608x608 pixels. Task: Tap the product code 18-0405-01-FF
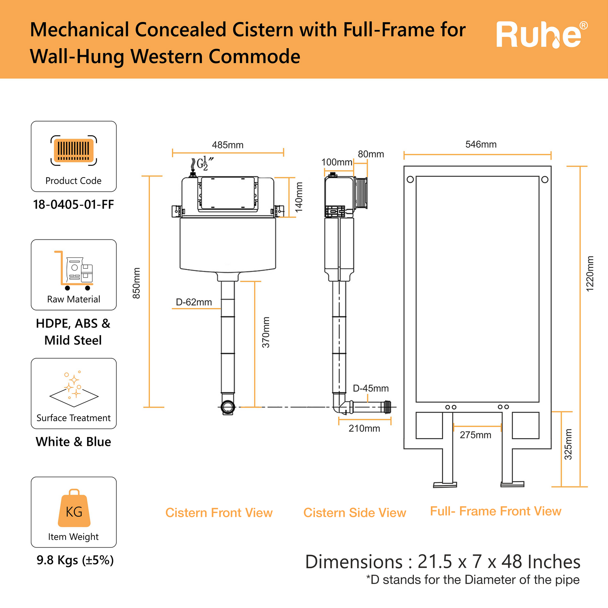73,204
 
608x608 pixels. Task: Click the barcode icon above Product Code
74,150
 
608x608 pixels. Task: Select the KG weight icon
74,509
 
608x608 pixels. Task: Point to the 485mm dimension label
227,145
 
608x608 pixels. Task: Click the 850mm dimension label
137,283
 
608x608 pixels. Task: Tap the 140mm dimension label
299,197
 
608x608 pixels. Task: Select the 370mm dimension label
266,332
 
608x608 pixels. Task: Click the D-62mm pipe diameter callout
194,302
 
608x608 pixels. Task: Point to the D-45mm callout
370,388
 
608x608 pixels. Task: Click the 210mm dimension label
364,428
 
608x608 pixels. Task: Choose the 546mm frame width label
481,144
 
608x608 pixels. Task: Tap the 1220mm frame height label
590,274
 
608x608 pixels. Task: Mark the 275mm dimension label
475,435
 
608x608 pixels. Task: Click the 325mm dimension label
568,444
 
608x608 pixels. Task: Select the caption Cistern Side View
355,513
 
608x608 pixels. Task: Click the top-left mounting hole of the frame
410,179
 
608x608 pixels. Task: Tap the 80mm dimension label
371,154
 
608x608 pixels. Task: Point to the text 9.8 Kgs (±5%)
75,560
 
